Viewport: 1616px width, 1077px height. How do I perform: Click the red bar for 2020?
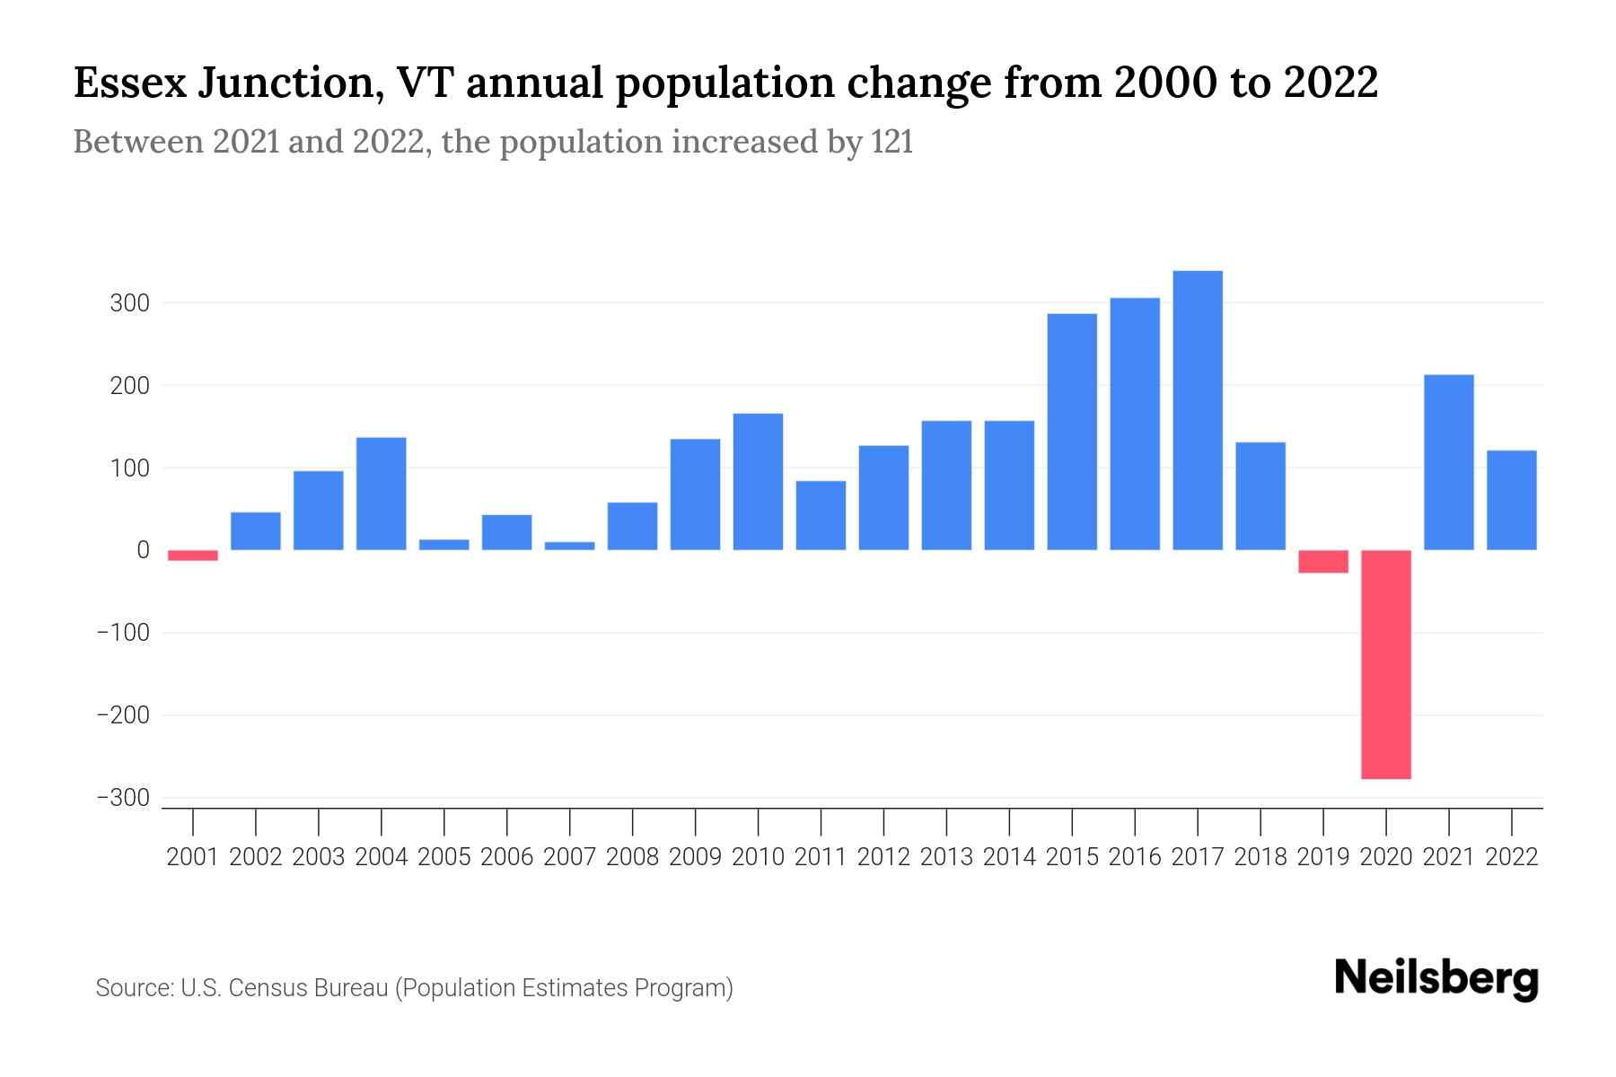[1385, 664]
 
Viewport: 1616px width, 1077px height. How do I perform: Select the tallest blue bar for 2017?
[1197, 410]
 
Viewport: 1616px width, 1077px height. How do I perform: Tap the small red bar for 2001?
[193, 556]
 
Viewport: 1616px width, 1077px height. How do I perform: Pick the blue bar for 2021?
[1448, 462]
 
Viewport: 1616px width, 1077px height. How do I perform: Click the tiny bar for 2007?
[569, 546]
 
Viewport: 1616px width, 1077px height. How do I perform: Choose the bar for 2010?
[758, 482]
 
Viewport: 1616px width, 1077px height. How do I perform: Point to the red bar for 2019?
[1322, 562]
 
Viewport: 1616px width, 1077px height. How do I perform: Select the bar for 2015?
[1072, 432]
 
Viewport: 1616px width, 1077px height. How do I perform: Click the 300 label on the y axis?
[129, 303]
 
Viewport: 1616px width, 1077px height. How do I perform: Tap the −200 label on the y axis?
[123, 715]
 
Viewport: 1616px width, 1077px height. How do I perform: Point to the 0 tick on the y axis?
[143, 550]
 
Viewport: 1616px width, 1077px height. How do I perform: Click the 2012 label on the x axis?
[883, 857]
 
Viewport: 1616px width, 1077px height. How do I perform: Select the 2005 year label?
[444, 857]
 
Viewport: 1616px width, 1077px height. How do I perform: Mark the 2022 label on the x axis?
[1512, 857]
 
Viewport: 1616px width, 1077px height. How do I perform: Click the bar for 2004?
[382, 494]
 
